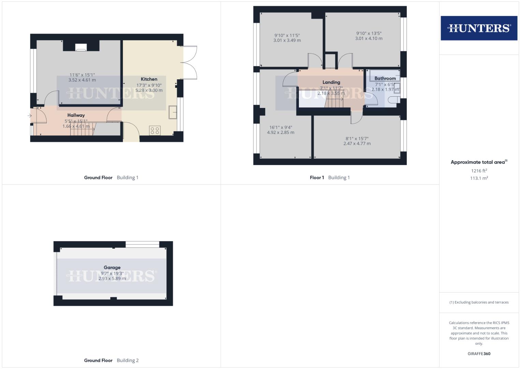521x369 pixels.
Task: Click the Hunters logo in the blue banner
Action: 479,28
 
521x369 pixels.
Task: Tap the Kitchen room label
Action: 149,79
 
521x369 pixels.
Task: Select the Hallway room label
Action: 76,115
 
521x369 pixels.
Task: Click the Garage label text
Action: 112,268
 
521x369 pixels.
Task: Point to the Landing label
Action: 331,82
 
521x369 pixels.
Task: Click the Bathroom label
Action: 385,78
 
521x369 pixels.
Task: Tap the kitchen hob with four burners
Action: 155,130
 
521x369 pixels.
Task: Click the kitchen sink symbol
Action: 173,112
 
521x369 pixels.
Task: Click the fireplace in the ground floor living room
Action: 81,48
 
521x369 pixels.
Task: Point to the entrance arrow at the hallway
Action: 30,116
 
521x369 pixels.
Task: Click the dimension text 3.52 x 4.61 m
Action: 82,80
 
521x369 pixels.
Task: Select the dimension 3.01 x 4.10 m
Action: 368,39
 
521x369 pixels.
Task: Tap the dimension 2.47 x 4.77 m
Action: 357,143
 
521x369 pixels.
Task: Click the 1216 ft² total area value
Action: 479,170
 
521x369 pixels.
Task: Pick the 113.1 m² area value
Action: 479,178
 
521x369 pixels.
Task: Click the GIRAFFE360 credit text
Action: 479,354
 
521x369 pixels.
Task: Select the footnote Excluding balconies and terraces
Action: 479,302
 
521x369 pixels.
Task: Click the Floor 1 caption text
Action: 317,177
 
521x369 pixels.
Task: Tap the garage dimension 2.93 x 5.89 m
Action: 112,278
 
